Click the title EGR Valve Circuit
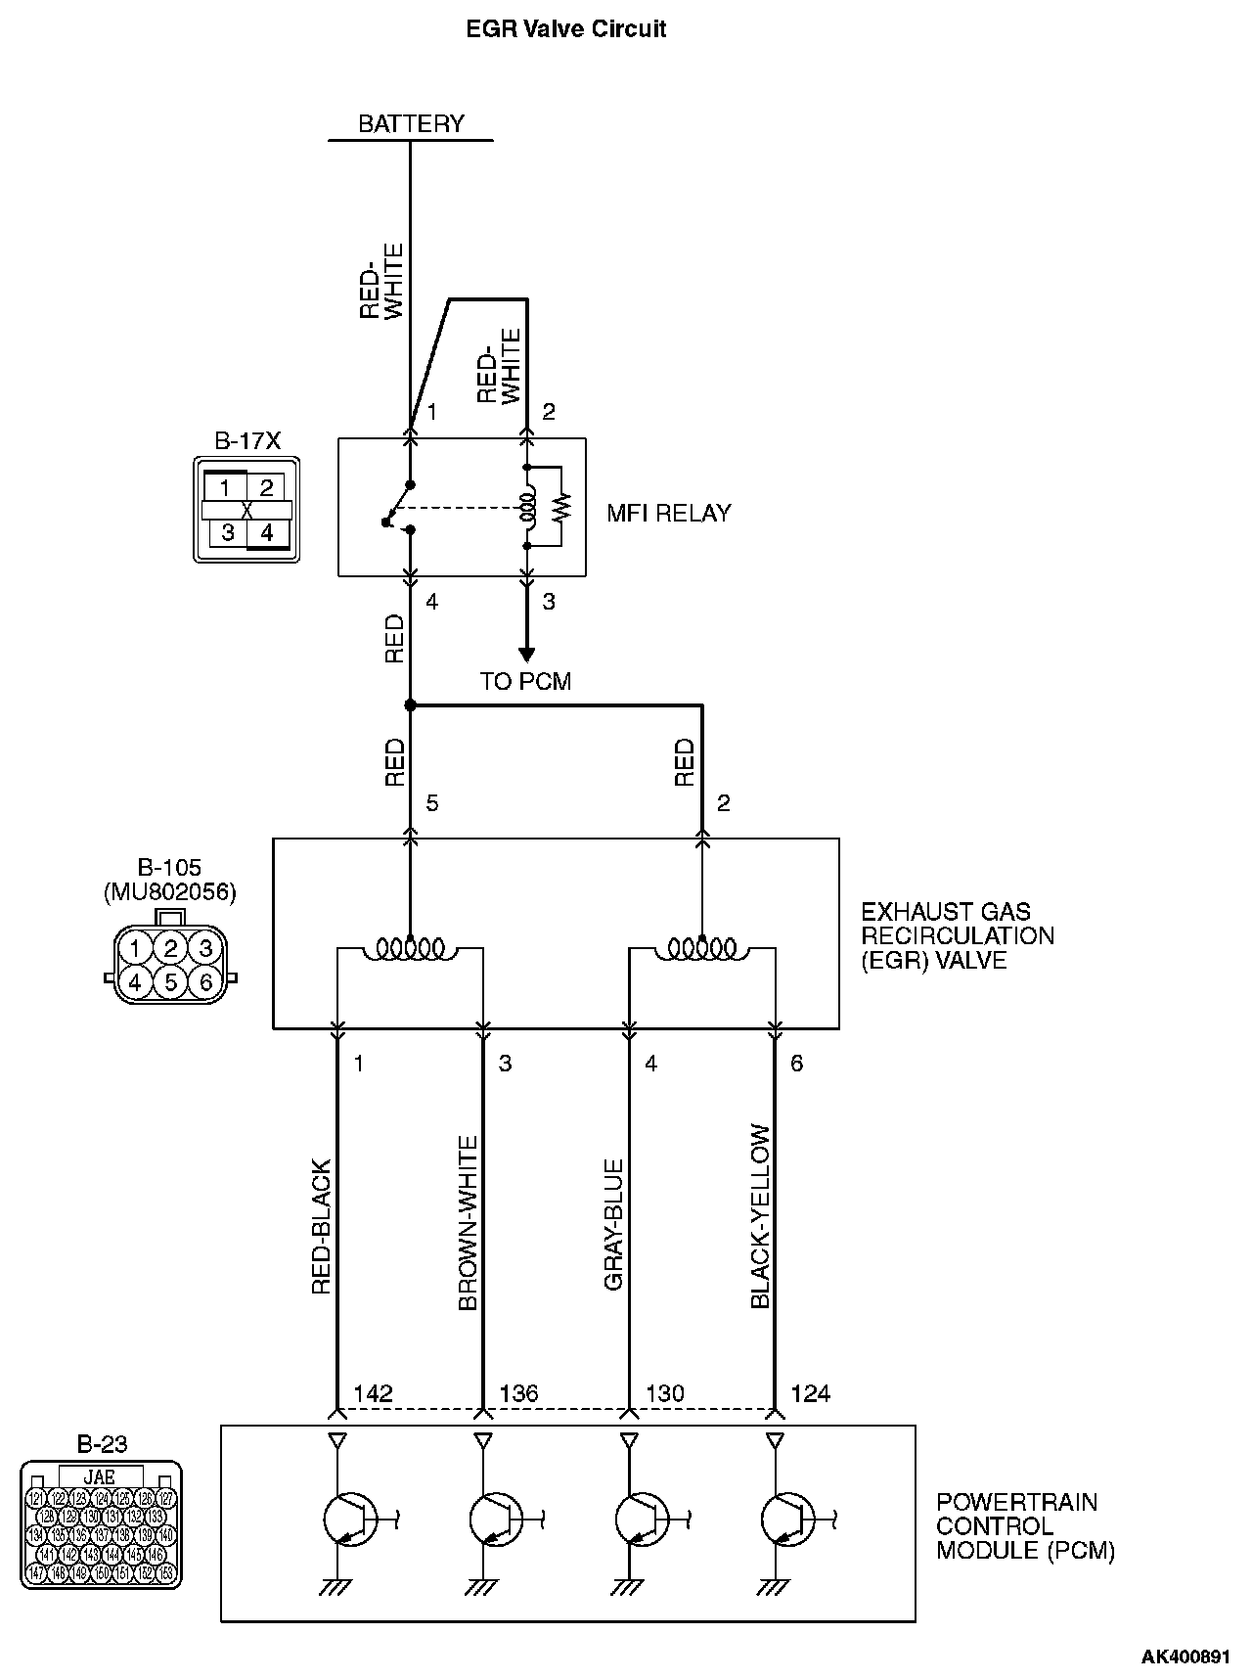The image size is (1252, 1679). click(x=566, y=29)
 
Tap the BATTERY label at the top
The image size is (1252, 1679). click(x=411, y=124)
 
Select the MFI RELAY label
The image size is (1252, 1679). click(x=668, y=514)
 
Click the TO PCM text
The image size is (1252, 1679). click(x=525, y=681)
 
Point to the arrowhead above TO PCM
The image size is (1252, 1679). click(x=526, y=654)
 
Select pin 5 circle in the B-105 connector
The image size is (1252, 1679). click(x=170, y=980)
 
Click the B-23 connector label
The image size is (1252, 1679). click(x=102, y=1443)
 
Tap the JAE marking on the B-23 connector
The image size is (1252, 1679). click(x=101, y=1476)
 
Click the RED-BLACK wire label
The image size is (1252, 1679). click(x=322, y=1227)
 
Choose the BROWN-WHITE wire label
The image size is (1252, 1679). click(x=468, y=1223)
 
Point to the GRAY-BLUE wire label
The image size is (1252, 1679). click(x=613, y=1224)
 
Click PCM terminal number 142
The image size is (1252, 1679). click(x=373, y=1393)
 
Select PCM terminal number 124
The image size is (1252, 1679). click(x=810, y=1393)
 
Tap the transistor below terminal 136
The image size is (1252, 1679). click(x=495, y=1520)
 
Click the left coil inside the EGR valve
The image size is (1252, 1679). click(x=410, y=948)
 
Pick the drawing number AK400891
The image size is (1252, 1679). click(x=1185, y=1656)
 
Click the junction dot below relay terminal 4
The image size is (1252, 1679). click(x=410, y=704)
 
